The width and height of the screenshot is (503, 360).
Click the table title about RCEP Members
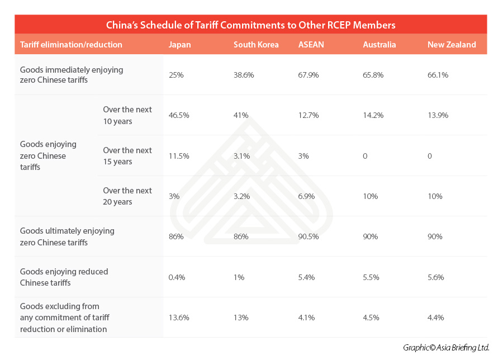coord(251,25)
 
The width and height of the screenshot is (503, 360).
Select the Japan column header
coord(179,45)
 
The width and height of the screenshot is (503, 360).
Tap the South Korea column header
coord(256,45)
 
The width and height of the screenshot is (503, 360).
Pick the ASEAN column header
coord(311,45)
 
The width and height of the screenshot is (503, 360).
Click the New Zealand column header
coord(452,45)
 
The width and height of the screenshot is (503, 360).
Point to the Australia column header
coord(379,45)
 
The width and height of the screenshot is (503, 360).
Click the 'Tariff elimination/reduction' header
coord(71,45)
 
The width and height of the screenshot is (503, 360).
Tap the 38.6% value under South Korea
coord(244,75)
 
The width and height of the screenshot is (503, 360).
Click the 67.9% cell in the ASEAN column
coord(309,75)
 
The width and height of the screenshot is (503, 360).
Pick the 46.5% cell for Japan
coord(179,115)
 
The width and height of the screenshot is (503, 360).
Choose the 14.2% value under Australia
coord(373,115)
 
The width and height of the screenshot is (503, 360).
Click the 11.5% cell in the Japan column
coord(179,156)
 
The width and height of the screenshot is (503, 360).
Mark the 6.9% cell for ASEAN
coord(307,196)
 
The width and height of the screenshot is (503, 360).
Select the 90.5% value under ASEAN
coord(309,236)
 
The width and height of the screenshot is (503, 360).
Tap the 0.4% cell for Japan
coord(177,277)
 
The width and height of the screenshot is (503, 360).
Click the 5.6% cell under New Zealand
coord(436,277)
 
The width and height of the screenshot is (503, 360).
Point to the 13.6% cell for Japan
coord(179,318)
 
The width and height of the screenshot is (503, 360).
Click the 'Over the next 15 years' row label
coord(127,156)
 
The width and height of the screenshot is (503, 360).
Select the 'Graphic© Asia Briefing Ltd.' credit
coord(446,348)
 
